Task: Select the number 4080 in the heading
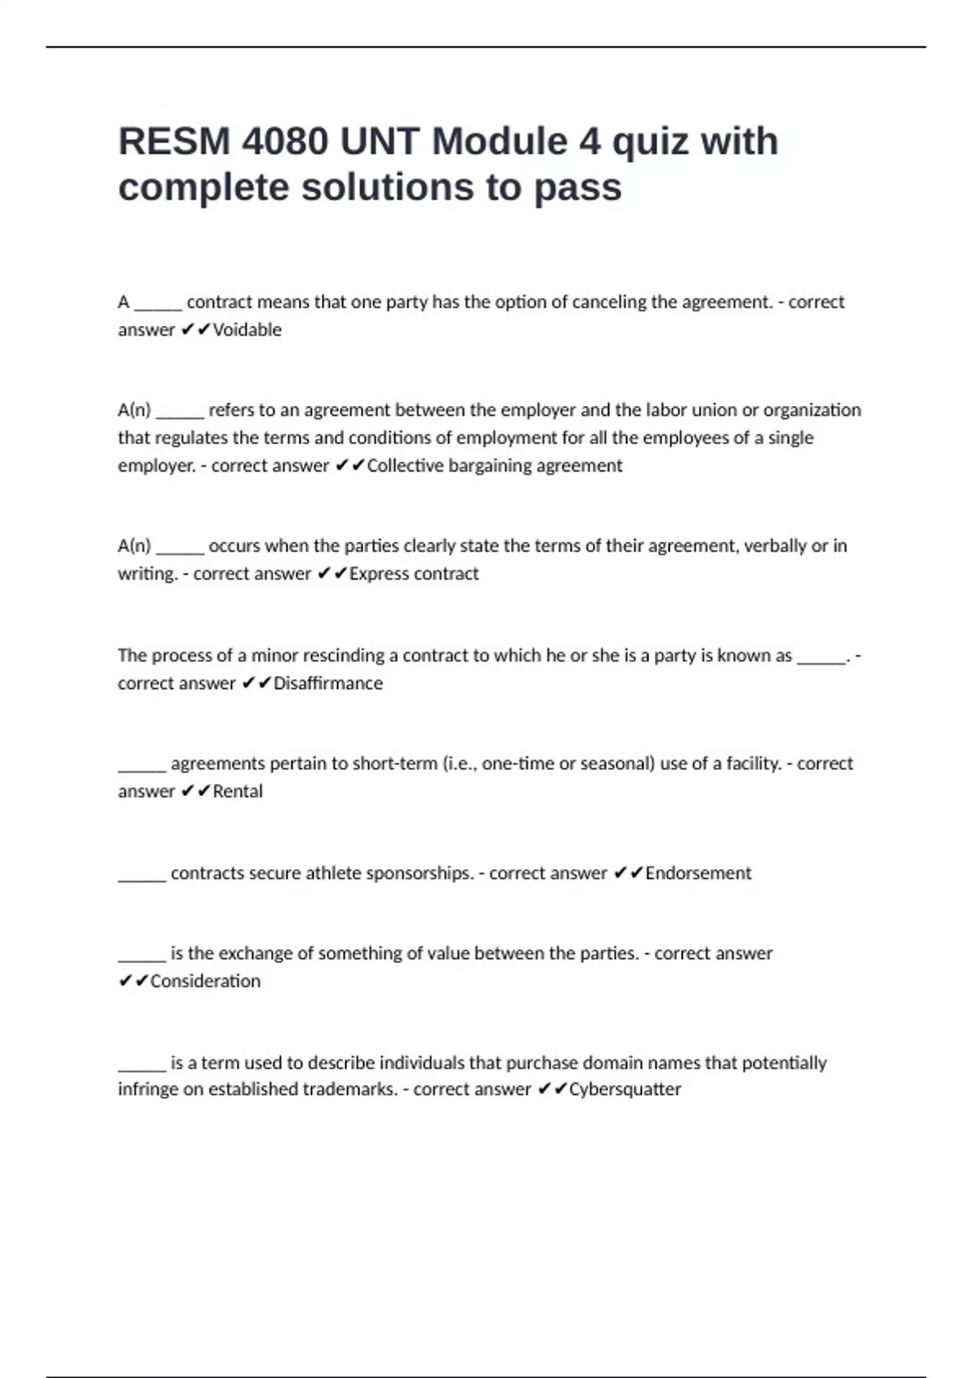coord(285,142)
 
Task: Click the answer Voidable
coord(246,330)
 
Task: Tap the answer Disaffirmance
coord(328,683)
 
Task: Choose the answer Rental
coord(238,791)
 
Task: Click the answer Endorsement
coord(698,873)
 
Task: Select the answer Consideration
coord(205,982)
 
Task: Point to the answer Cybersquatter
coord(624,1089)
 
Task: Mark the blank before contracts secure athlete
coord(142,875)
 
